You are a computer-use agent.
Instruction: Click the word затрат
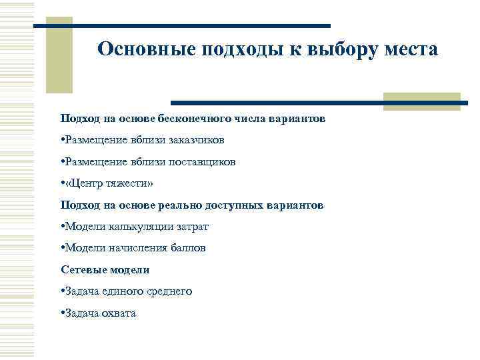192,227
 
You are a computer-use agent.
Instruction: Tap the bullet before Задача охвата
62,313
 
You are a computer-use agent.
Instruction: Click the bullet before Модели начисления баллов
62,248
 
